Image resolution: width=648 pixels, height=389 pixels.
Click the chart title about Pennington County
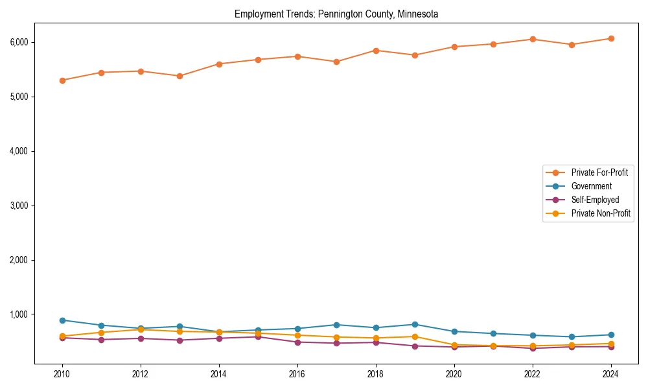[x=336, y=14]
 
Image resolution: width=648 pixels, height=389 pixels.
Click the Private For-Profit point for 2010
[x=62, y=80]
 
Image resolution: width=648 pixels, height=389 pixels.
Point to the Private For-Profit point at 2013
[x=179, y=76]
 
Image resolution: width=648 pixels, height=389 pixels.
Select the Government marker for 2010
[x=62, y=320]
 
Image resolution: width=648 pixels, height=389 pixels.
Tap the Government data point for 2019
[x=415, y=324]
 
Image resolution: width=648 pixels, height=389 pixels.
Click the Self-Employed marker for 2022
[x=533, y=348]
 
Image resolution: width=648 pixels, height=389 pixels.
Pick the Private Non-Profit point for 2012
[x=141, y=329]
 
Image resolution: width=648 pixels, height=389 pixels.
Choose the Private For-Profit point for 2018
[x=376, y=50]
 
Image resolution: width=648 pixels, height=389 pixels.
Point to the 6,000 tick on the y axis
[x=20, y=42]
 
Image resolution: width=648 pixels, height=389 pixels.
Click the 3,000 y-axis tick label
[x=20, y=206]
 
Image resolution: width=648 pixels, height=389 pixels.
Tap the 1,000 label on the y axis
[x=20, y=314]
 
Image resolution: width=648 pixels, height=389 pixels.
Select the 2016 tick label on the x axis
[x=297, y=374]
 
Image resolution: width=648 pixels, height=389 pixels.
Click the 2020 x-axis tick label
[x=454, y=374]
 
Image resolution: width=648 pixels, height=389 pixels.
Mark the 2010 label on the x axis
[x=62, y=374]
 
